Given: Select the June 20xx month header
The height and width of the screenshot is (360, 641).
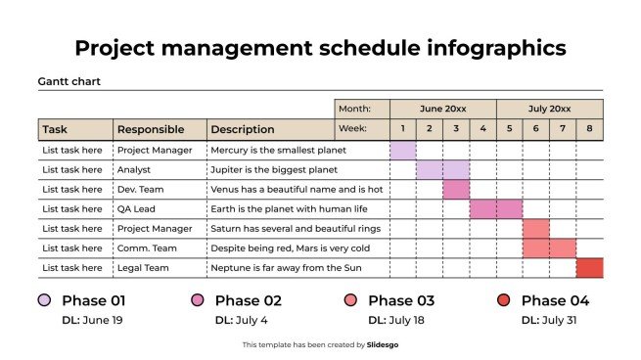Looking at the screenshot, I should click(x=442, y=109).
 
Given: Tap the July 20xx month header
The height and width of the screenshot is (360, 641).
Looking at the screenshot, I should click(x=549, y=109).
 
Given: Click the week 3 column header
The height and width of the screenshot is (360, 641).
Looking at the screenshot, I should click(x=456, y=129).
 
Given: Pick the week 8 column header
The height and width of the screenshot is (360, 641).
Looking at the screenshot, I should click(x=589, y=129).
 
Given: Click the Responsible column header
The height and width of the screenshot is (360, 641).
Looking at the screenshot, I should click(x=142, y=129).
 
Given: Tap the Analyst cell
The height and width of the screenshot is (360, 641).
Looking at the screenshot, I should click(x=134, y=170).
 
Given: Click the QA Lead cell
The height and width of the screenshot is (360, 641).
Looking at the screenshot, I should click(x=138, y=209).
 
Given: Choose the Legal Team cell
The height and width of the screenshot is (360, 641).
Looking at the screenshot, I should click(x=143, y=268).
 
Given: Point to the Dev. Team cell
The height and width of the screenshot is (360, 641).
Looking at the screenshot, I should click(x=141, y=190).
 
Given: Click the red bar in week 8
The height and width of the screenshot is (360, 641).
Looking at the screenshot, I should click(x=589, y=268).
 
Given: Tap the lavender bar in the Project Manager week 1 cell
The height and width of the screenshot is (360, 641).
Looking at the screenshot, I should click(x=403, y=151).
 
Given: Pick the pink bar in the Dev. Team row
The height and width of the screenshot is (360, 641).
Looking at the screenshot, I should click(x=456, y=190).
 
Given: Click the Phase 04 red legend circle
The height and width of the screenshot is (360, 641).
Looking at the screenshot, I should click(x=504, y=300).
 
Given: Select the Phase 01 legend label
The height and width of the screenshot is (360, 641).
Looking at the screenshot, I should click(x=93, y=300).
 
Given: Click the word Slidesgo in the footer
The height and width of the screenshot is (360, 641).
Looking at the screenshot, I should click(x=383, y=344).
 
